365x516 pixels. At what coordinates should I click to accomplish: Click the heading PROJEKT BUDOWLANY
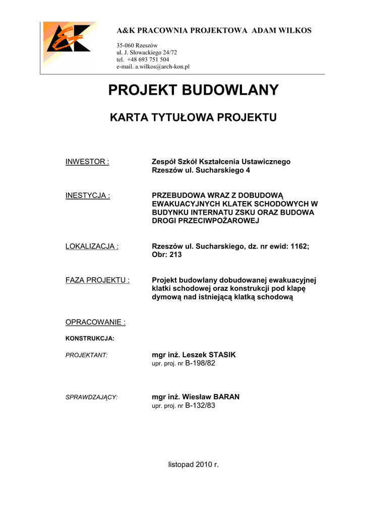[194, 90]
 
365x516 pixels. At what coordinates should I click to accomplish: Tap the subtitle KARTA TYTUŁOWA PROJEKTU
[194, 118]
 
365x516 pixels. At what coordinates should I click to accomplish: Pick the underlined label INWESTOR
[87, 162]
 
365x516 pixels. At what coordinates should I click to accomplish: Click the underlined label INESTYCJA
[88, 196]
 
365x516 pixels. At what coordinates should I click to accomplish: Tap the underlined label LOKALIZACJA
[92, 246]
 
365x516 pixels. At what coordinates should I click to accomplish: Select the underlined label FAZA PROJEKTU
[97, 280]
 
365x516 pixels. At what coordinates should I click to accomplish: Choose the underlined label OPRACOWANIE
[95, 322]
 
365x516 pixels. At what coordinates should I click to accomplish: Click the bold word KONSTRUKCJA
[90, 338]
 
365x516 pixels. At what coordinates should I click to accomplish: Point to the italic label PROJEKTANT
[87, 355]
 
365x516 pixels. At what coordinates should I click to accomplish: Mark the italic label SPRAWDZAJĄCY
[91, 397]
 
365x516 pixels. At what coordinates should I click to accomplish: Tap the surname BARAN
[225, 397]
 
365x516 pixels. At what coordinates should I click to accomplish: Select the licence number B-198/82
[200, 363]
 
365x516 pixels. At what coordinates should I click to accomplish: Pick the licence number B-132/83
[200, 405]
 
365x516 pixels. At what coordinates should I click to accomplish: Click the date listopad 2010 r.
[194, 464]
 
